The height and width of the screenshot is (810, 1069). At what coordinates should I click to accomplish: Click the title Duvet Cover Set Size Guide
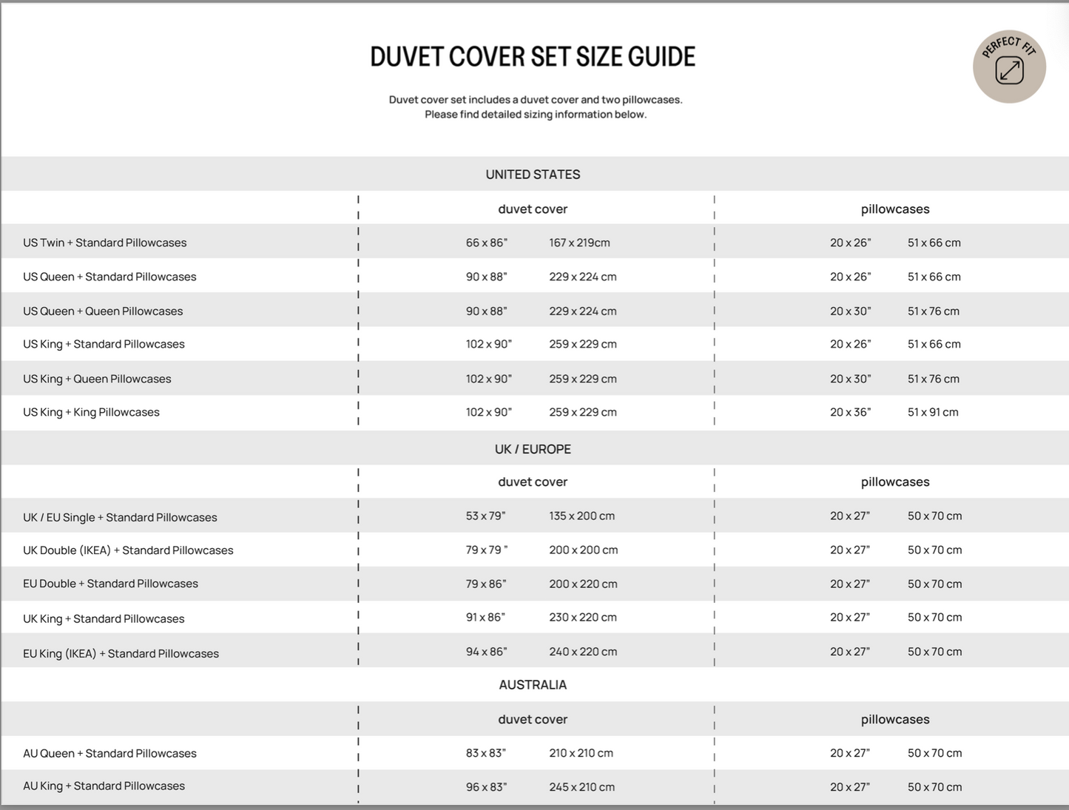tap(533, 57)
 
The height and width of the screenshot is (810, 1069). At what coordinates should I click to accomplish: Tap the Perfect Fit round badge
tap(1009, 67)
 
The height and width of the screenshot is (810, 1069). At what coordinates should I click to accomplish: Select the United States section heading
tap(533, 175)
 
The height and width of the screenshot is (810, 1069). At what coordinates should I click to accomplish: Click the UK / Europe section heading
tap(533, 449)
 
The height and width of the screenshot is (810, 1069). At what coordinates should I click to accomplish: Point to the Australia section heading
tap(533, 685)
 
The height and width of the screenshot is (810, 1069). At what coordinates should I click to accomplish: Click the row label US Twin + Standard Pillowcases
tap(104, 243)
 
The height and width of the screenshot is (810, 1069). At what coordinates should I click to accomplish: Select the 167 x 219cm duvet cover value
tap(579, 243)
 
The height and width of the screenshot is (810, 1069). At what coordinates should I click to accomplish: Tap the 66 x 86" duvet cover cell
tap(487, 243)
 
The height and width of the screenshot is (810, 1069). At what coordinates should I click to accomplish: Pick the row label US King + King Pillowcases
tap(91, 412)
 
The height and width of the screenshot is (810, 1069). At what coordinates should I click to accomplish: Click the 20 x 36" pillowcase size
tap(850, 412)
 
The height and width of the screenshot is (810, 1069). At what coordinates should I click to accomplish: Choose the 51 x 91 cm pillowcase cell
tap(933, 412)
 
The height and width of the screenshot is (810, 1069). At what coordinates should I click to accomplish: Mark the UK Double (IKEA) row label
tap(128, 550)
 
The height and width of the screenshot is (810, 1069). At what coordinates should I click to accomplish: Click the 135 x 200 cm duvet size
tap(581, 516)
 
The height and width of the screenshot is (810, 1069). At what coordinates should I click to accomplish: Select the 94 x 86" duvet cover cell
tap(486, 652)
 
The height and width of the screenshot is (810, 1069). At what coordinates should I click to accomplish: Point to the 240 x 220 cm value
tap(583, 652)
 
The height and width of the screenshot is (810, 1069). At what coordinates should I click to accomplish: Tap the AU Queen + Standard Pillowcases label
tap(109, 753)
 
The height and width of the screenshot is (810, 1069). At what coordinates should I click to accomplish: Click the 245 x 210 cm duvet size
tap(581, 787)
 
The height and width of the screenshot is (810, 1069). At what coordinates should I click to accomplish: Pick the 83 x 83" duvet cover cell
tap(485, 753)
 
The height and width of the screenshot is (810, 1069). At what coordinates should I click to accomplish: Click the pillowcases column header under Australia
tap(895, 719)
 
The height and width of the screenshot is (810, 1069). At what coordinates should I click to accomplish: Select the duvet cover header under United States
tap(533, 209)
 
